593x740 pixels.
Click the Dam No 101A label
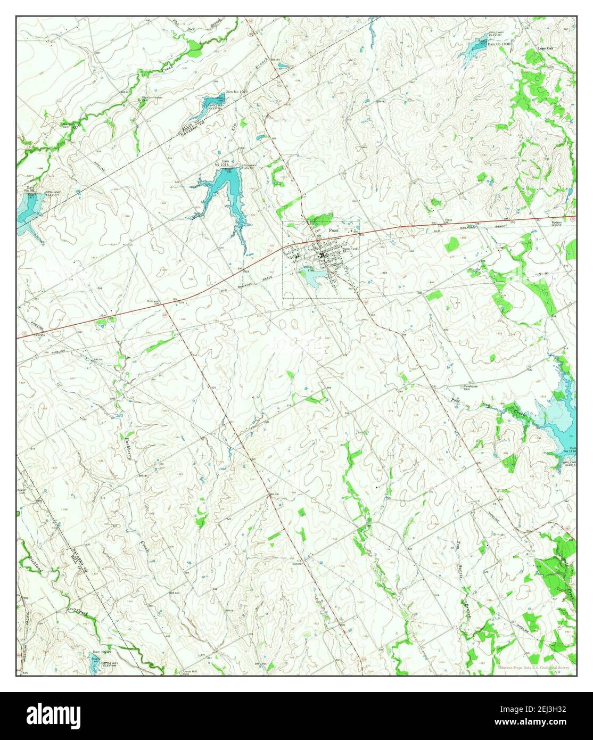[x=222, y=163]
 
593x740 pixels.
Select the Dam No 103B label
[x=499, y=44]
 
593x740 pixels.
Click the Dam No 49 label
[x=102, y=652]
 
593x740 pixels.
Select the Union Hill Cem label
[x=191, y=671]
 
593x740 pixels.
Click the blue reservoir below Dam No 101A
[x=224, y=189]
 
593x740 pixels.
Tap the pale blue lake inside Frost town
[x=311, y=277]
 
